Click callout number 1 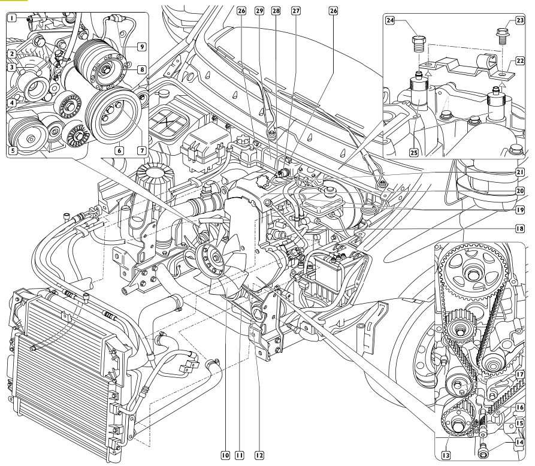click(x=11, y=19)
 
